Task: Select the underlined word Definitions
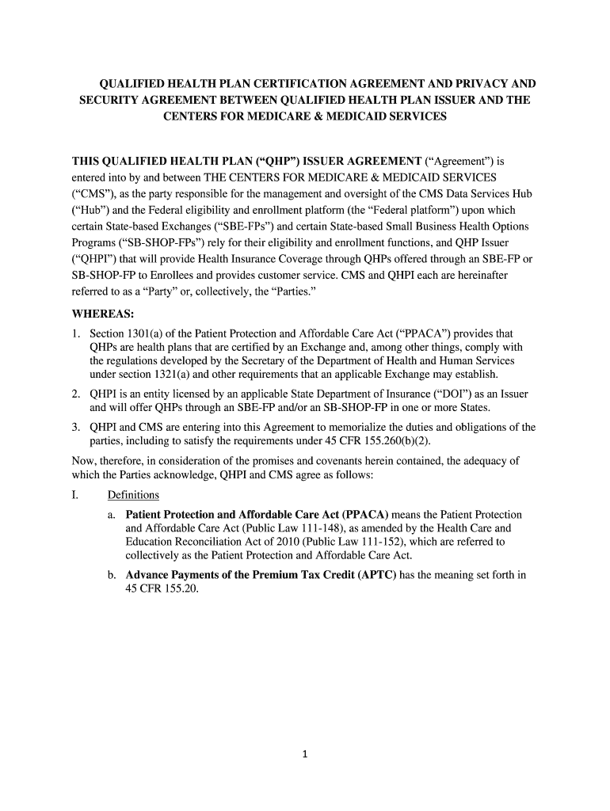pos(133,495)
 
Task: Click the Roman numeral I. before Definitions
pos(75,495)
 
